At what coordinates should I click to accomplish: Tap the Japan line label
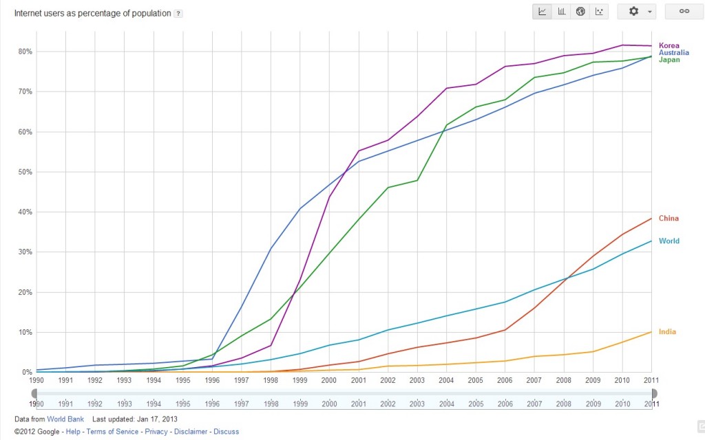pyautogui.click(x=669, y=60)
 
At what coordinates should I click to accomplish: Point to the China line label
pyautogui.click(x=669, y=219)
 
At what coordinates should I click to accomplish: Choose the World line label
pyautogui.click(x=669, y=241)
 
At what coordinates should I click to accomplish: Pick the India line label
pyautogui.click(x=667, y=332)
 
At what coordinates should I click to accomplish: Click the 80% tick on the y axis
pyautogui.click(x=25, y=52)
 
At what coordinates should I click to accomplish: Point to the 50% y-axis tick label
pyautogui.click(x=25, y=172)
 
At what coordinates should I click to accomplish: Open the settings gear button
pyautogui.click(x=637, y=12)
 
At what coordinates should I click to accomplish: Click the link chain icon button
pyautogui.click(x=684, y=12)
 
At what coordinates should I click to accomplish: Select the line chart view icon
pyautogui.click(x=543, y=12)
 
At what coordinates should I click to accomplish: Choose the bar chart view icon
pyautogui.click(x=562, y=12)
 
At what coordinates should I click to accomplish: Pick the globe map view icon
pyautogui.click(x=580, y=12)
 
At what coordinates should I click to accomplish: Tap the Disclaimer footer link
pyautogui.click(x=190, y=432)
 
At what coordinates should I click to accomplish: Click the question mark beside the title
pyautogui.click(x=178, y=14)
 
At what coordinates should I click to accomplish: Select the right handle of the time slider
pyautogui.click(x=653, y=393)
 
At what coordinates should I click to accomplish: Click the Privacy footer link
pyautogui.click(x=156, y=432)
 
